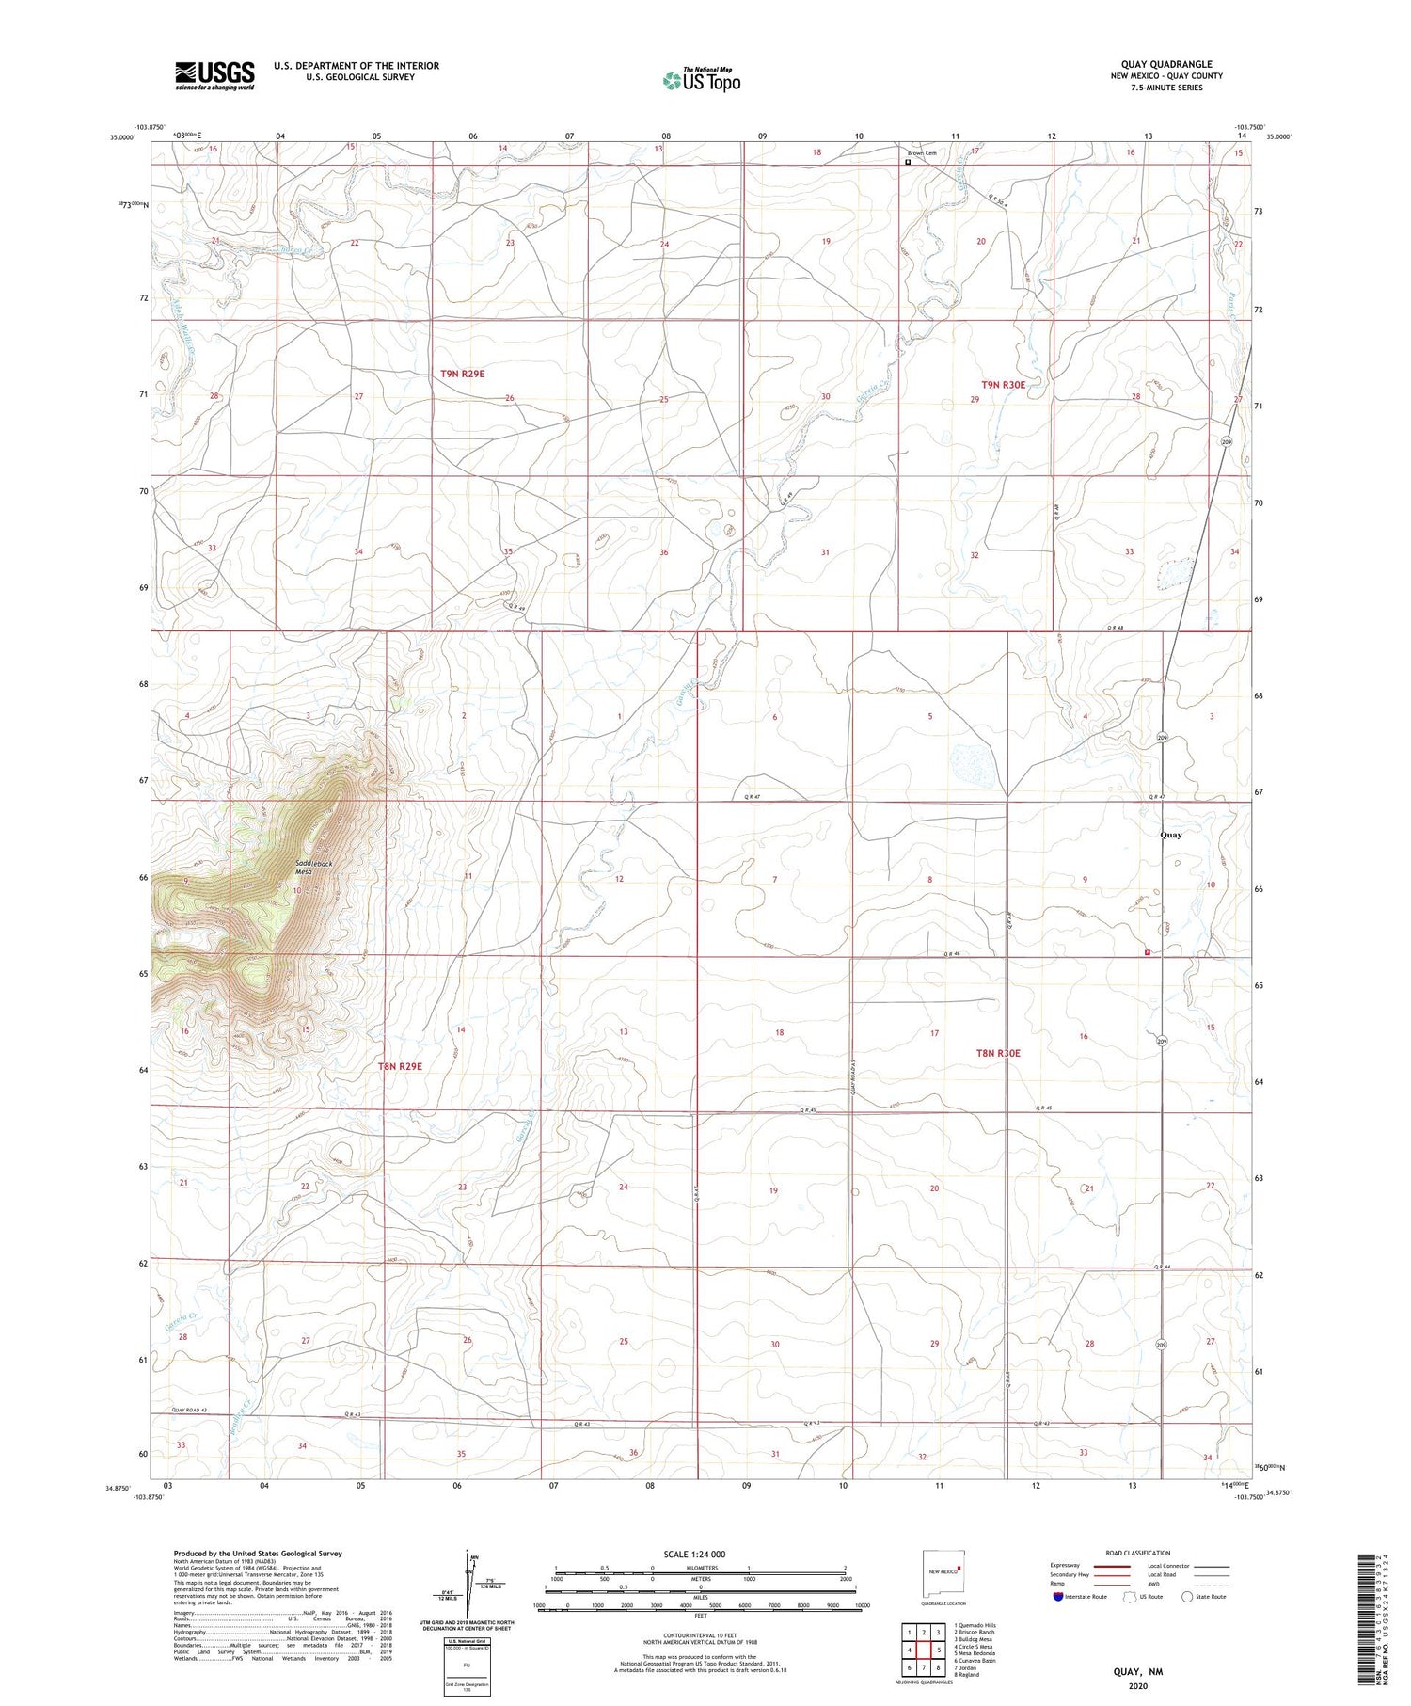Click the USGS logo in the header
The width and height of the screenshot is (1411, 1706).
pyautogui.click(x=214, y=75)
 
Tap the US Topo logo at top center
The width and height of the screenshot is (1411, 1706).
pyautogui.click(x=700, y=81)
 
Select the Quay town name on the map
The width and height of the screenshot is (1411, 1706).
pyautogui.click(x=1170, y=835)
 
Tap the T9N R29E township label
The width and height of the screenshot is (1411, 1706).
pyautogui.click(x=462, y=374)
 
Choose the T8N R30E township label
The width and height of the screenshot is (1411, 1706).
pyautogui.click(x=998, y=1053)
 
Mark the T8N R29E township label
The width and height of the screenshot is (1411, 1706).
pyautogui.click(x=400, y=1066)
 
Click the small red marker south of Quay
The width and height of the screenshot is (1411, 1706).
pyautogui.click(x=1147, y=952)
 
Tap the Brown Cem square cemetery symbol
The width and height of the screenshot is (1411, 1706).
pyautogui.click(x=908, y=162)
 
